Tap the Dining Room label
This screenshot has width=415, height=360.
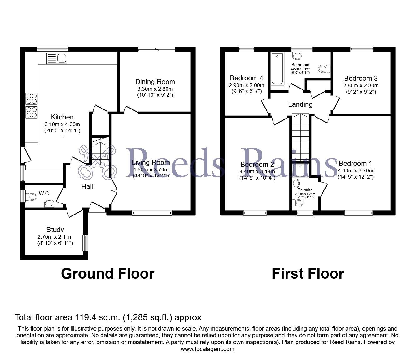tap(155, 82)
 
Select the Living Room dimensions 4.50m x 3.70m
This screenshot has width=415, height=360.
tap(151, 170)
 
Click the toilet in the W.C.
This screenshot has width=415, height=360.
tap(32, 197)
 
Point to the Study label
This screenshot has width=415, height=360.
tap(55, 230)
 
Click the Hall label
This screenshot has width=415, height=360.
tap(87, 187)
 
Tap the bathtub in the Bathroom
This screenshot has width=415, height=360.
tap(277, 69)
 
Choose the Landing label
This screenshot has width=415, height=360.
tap(300, 104)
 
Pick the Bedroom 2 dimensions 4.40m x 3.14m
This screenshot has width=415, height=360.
tap(257, 171)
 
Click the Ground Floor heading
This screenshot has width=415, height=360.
tap(107, 274)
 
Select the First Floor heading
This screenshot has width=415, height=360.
tap(308, 274)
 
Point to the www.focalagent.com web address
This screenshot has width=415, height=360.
tap(207, 349)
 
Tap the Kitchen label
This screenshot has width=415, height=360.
tap(62, 117)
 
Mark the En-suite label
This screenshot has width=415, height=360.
tap(305, 190)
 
